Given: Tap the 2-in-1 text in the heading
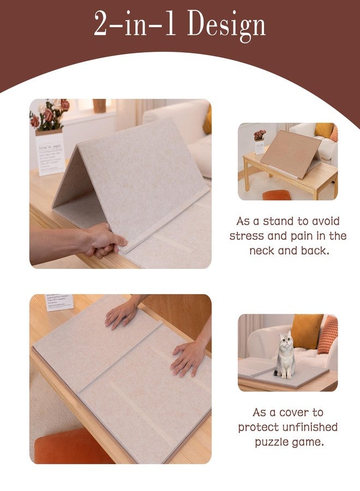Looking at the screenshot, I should (x=134, y=25).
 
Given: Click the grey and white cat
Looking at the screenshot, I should (x=285, y=355).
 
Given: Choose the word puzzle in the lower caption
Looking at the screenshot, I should (x=273, y=441).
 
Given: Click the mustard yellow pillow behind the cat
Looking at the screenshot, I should (x=306, y=331).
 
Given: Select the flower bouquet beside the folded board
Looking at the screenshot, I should (x=50, y=115).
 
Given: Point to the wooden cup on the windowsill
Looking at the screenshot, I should (x=99, y=105).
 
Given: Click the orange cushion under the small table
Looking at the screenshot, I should (x=277, y=195).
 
